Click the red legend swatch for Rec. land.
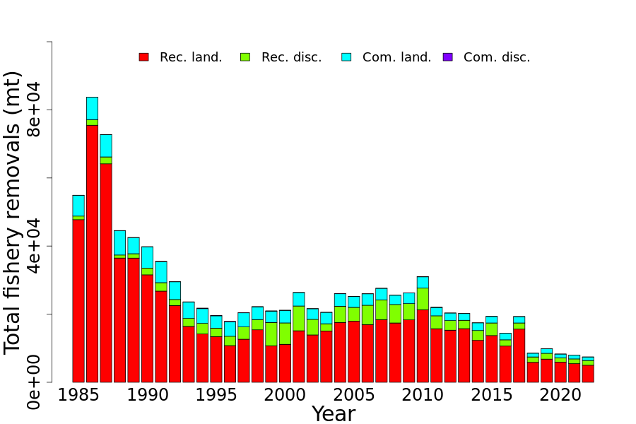143,57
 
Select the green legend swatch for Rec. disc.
245,57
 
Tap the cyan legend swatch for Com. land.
346,57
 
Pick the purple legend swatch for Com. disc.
447,57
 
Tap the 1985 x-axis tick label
78,395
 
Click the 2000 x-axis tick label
285,395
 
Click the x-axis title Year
334,414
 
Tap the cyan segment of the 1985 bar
78,206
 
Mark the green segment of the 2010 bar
423,298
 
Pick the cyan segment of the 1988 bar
119,242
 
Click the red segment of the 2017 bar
519,355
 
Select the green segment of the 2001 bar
299,318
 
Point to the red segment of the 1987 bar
106,272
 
